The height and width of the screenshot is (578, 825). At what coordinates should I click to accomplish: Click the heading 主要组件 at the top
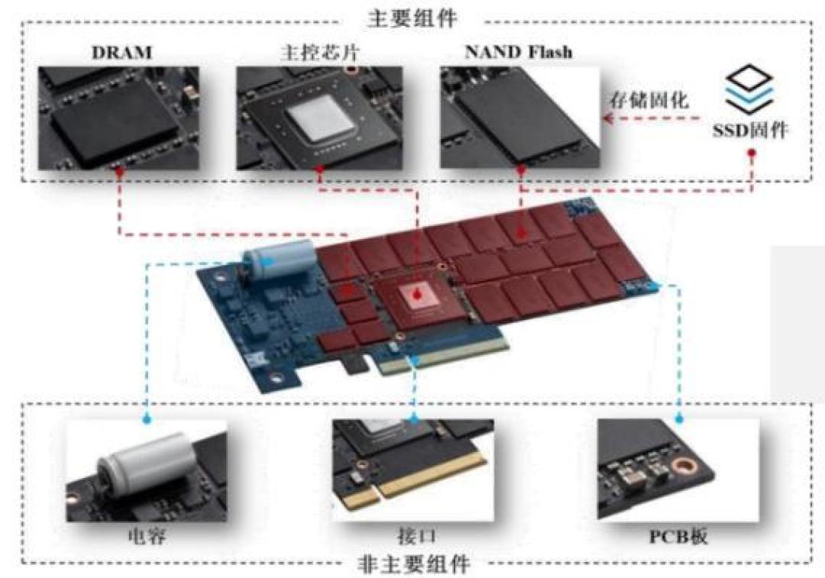point(412,19)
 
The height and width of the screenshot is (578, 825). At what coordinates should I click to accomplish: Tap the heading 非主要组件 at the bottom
point(413,564)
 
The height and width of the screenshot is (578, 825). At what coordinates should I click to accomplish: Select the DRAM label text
point(121,53)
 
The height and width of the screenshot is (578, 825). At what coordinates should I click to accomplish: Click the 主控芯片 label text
point(319,53)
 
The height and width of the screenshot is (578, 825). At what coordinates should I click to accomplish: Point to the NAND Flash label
point(518,52)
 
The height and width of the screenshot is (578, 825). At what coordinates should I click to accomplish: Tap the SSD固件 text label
point(750,129)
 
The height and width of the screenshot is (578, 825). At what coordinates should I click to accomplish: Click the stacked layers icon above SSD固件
point(749,89)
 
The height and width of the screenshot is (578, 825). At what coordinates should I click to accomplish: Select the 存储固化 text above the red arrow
point(649,99)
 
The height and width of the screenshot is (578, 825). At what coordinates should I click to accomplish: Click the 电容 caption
point(147,537)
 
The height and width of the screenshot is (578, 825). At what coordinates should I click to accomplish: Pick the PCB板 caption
point(678,537)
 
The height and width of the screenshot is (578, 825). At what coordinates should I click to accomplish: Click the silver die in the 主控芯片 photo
point(319,118)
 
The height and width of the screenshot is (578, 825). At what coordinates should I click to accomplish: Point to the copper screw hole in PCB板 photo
point(684,465)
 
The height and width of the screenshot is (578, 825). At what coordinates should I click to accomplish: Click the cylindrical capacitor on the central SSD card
point(277,258)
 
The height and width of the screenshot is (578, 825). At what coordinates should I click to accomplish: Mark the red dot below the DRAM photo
point(119,172)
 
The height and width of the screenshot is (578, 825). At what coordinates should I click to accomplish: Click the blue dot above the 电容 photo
point(147,420)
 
